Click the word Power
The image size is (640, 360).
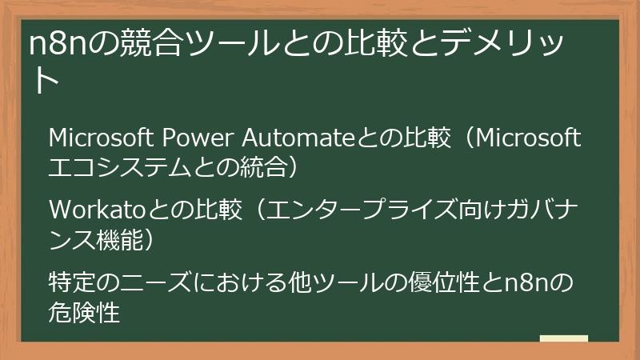click(x=197, y=139)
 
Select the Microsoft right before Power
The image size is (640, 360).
click(x=102, y=139)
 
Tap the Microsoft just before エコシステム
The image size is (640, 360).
click(x=525, y=139)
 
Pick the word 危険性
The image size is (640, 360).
click(x=84, y=310)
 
